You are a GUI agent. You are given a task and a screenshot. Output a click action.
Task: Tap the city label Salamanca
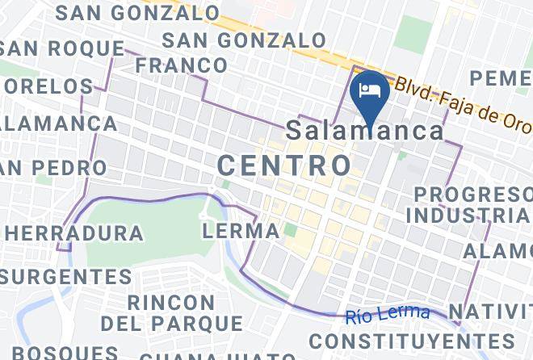[x=366, y=131]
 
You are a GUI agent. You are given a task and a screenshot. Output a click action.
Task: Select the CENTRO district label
[x=285, y=166]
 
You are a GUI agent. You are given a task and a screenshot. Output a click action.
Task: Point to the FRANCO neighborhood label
[x=181, y=65]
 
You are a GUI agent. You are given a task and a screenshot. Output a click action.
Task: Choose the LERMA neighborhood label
[x=241, y=231]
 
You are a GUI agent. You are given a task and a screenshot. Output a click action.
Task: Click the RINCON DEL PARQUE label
[x=171, y=313]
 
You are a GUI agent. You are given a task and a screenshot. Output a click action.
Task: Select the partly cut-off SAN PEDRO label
[x=53, y=168]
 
